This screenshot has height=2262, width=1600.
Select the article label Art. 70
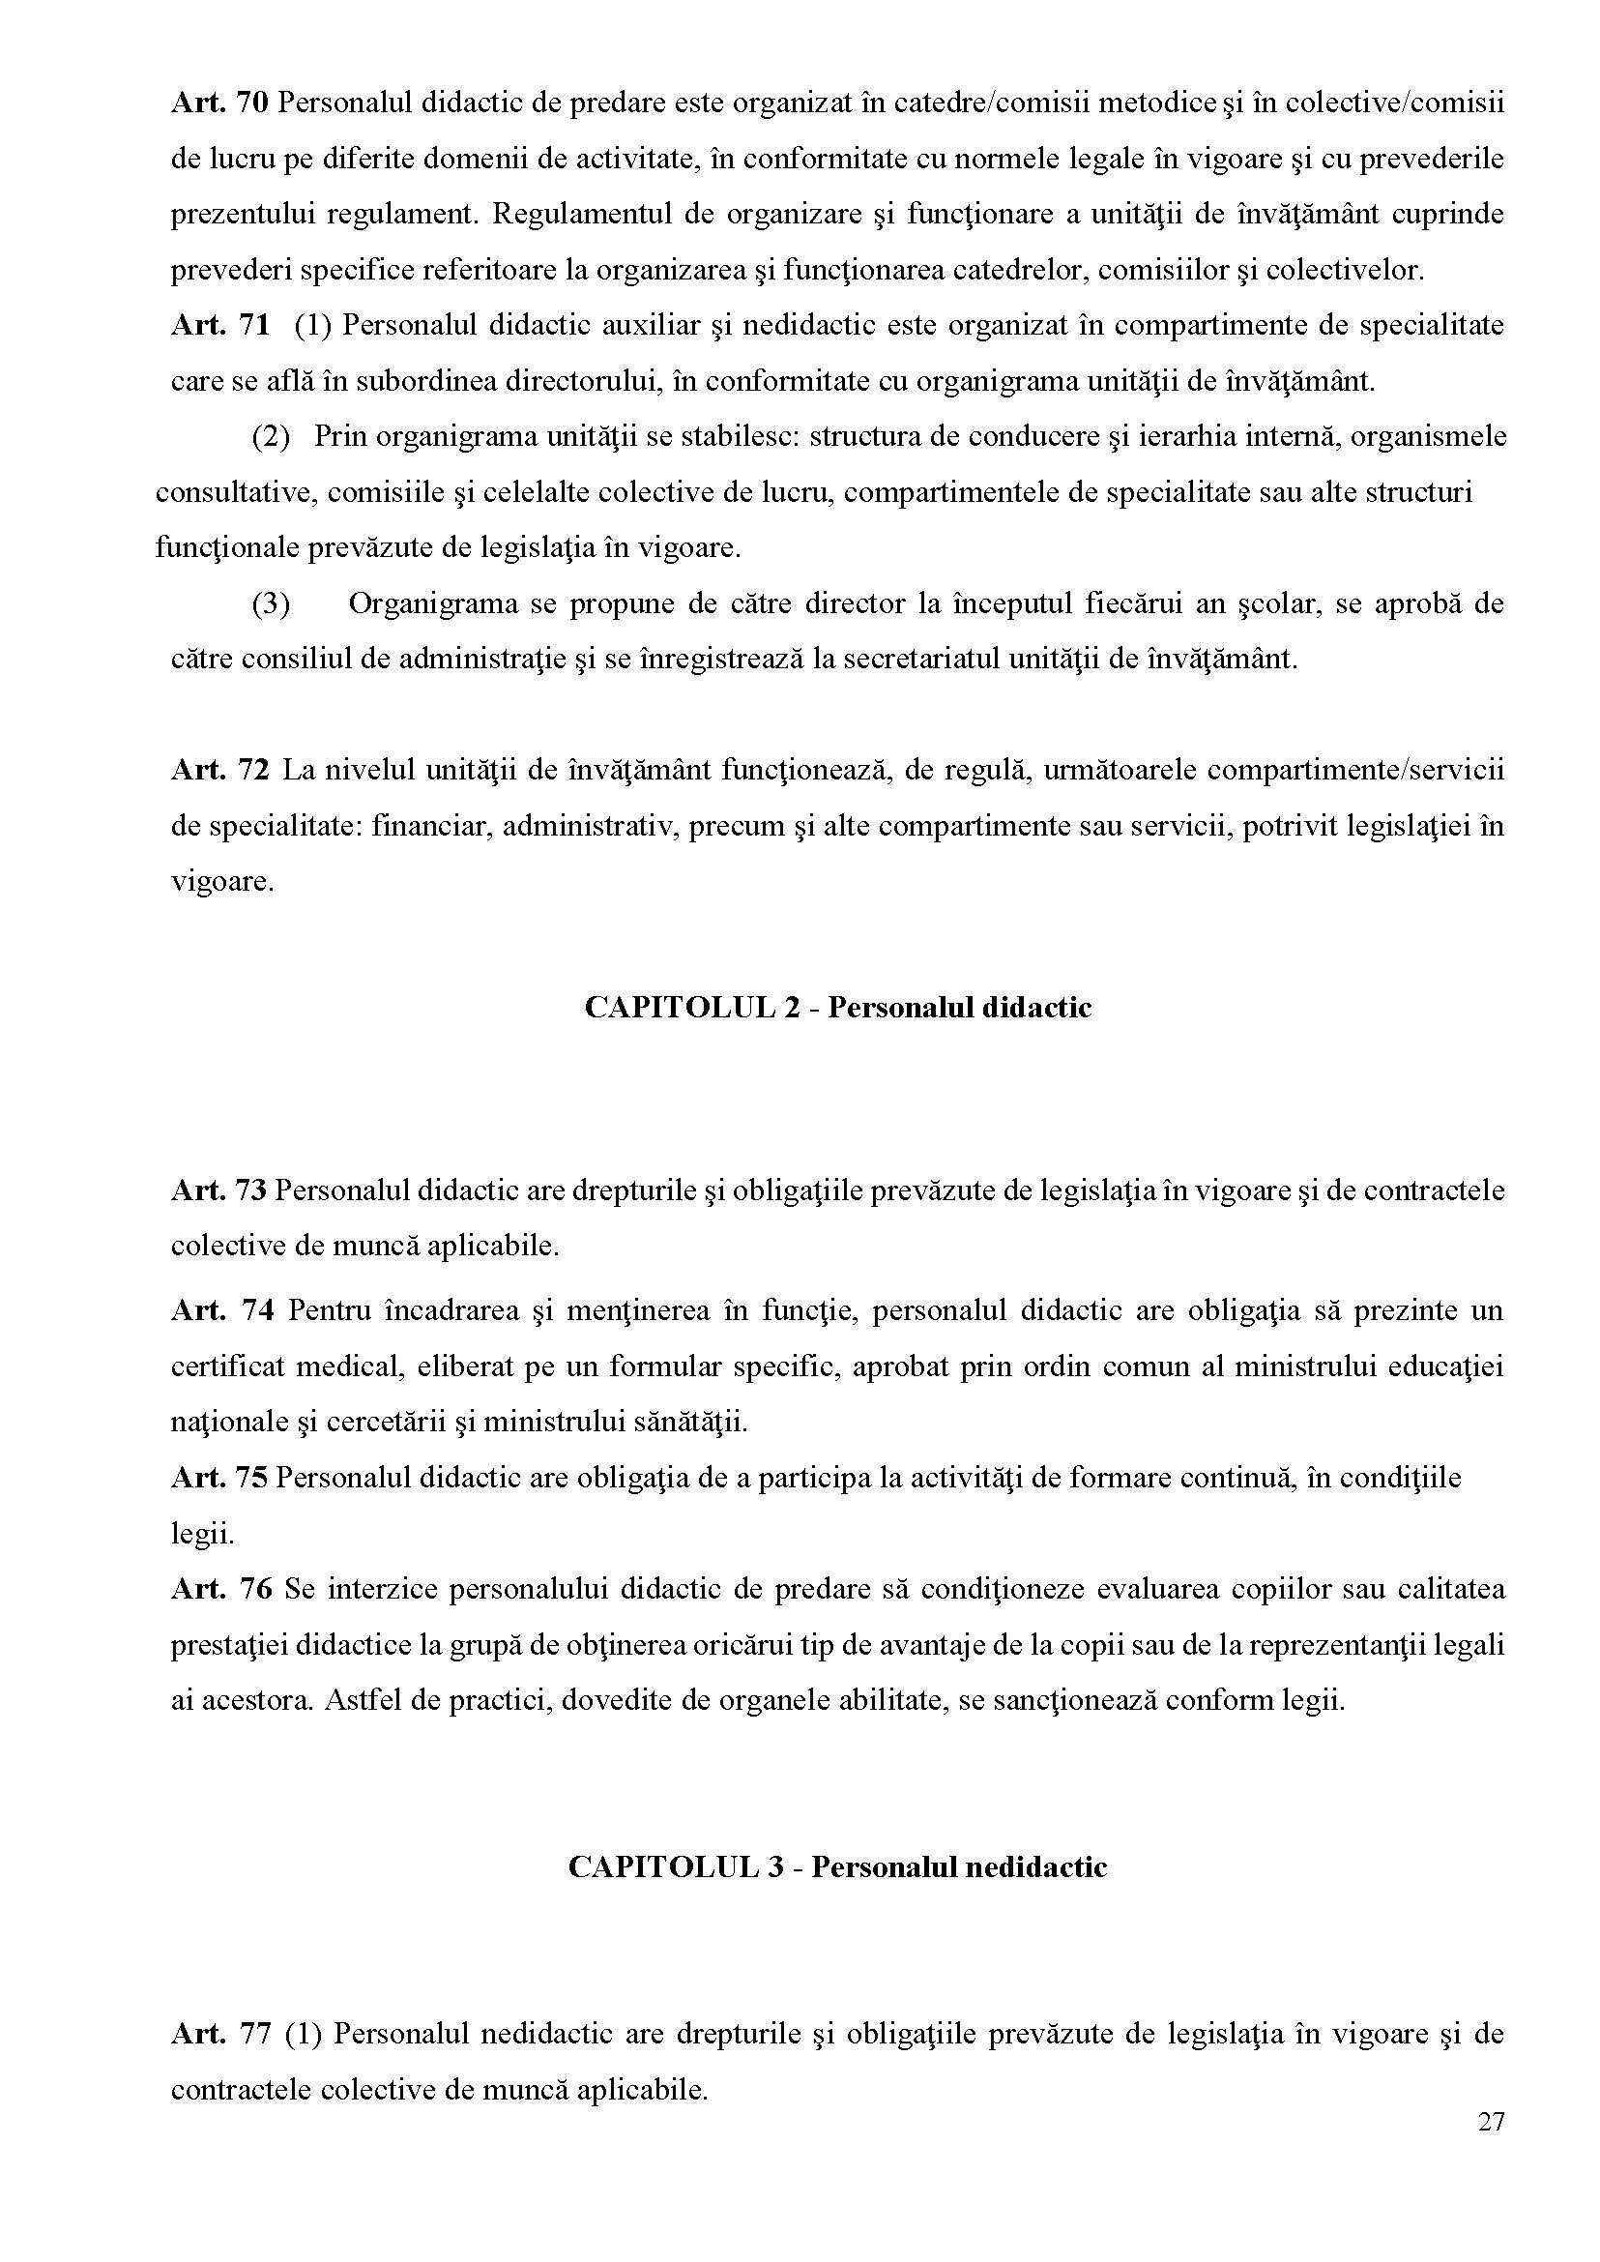(219, 103)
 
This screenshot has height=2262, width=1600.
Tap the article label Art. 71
(219, 325)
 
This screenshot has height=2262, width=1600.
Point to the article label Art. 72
(219, 770)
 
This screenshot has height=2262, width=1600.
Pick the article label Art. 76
(219, 1589)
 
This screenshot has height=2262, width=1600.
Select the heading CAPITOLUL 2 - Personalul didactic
(837, 1008)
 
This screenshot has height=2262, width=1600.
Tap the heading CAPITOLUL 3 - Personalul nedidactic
(837, 1866)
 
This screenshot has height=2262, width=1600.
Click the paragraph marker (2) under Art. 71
(270, 436)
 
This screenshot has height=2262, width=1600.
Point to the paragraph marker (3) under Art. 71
(270, 603)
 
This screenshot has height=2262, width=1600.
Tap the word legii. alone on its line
(202, 1534)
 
